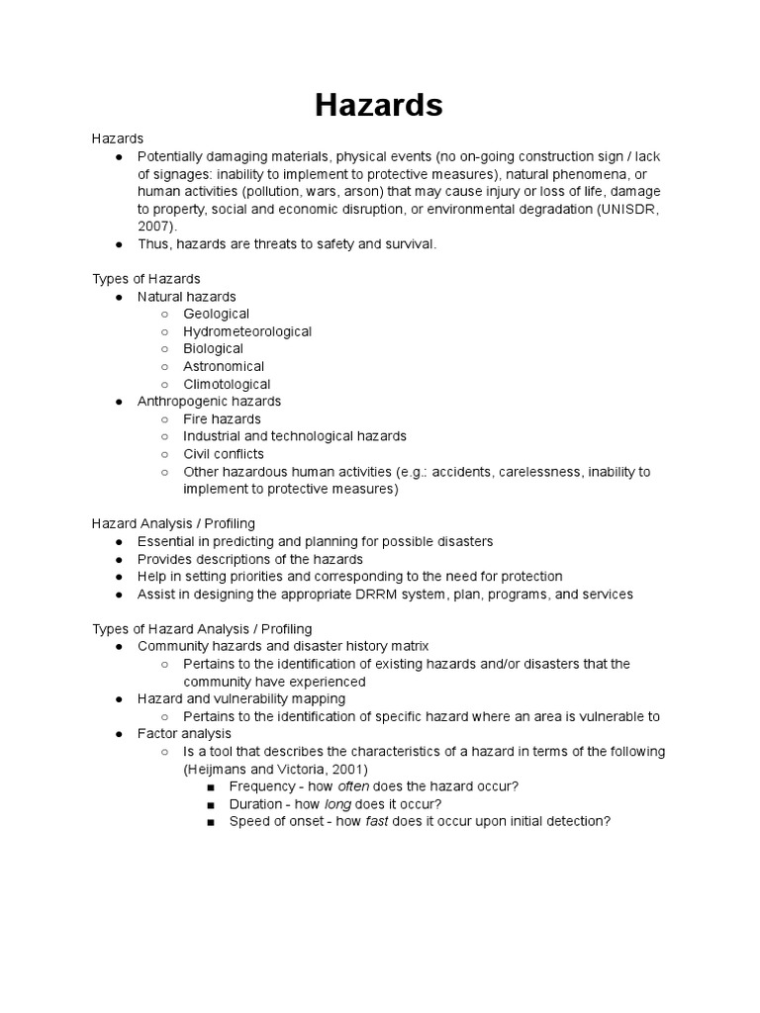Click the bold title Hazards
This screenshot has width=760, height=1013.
click(379, 105)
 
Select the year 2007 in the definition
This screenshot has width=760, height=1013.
click(153, 226)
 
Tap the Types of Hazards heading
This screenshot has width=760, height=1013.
click(146, 279)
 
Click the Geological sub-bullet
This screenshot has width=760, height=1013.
click(216, 314)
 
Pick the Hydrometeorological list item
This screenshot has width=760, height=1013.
click(247, 331)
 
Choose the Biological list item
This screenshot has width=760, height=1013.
click(213, 348)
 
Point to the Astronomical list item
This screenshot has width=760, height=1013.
click(223, 366)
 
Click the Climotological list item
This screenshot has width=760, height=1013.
click(227, 384)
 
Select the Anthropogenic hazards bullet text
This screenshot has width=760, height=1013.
click(209, 401)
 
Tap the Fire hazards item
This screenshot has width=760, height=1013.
click(222, 418)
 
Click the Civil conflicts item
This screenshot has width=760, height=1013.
click(224, 454)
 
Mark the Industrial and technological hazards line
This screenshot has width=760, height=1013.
click(295, 436)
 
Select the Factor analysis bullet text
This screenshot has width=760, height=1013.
click(184, 734)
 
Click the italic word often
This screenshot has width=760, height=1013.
click(353, 786)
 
